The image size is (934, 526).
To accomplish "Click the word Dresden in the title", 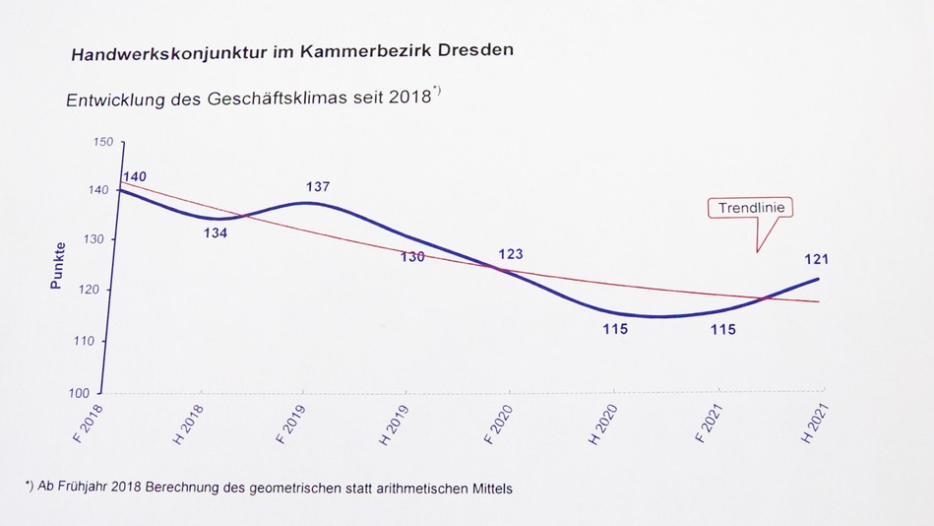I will click(x=469, y=50).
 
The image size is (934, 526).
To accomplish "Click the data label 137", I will click(x=317, y=187).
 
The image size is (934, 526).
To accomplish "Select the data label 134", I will click(x=216, y=233).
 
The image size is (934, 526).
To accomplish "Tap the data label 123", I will click(x=510, y=254).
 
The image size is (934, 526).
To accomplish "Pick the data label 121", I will click(x=816, y=259).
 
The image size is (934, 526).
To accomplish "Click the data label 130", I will click(x=412, y=256).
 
